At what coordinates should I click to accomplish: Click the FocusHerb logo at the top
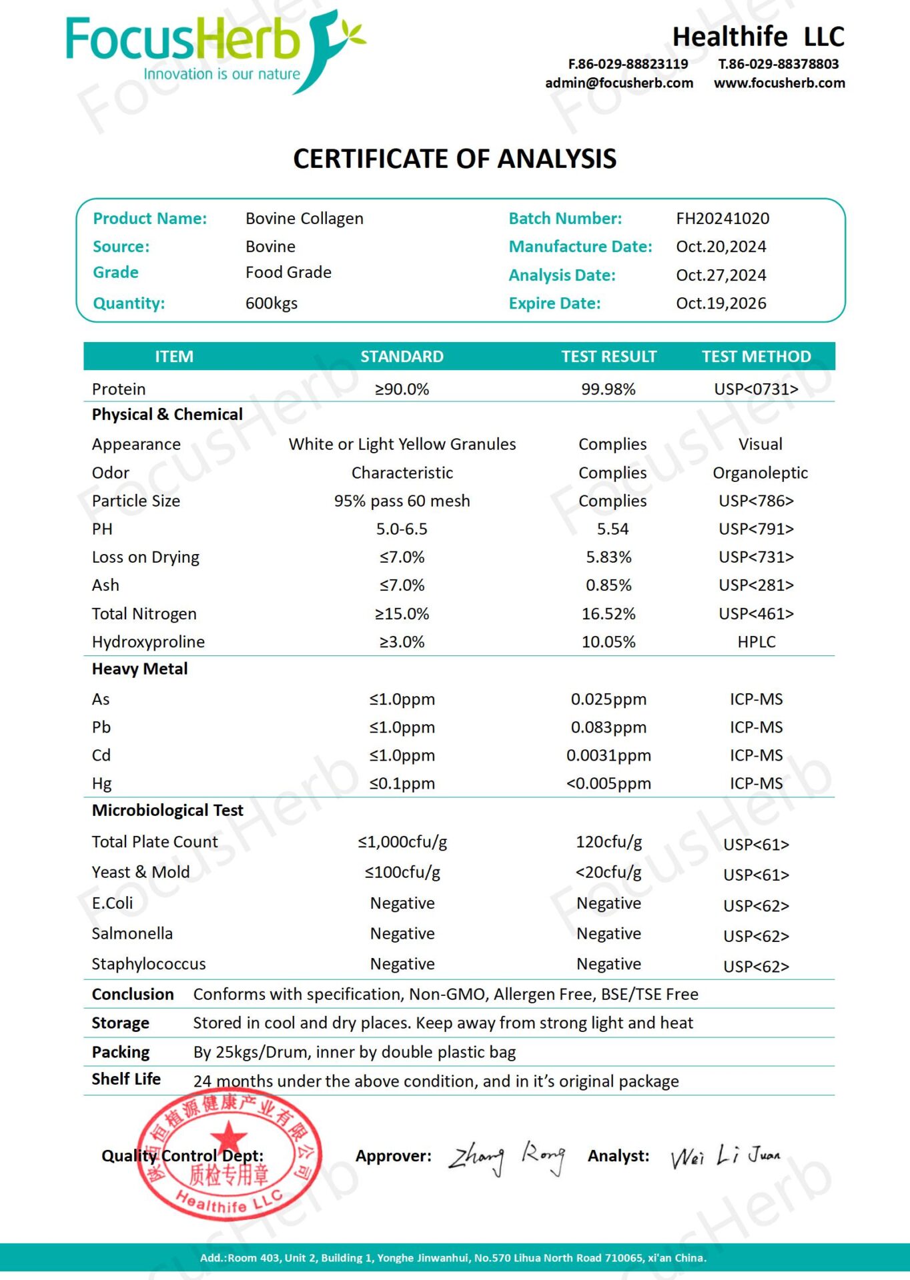pos(213,50)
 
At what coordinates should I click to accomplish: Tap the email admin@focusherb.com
pos(618,83)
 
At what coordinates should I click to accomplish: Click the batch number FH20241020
pos(723,219)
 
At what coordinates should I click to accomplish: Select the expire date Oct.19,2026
pos(721,303)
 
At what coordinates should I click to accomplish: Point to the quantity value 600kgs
pos(272,303)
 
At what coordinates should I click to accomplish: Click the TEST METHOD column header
pos(756,357)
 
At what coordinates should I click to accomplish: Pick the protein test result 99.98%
pos(608,389)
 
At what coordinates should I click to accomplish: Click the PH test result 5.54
pos(612,529)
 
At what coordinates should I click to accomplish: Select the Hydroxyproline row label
pos(148,642)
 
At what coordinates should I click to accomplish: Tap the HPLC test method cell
pos(757,642)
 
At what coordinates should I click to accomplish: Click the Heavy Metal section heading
pos(139,669)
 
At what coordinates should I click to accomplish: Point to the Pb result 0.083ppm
pos(608,727)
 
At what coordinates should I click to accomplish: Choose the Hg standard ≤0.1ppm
pos(402,783)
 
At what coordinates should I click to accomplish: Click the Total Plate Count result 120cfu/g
pos(608,842)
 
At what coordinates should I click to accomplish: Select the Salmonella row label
pos(132,933)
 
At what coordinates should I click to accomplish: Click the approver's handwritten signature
pos(507,1157)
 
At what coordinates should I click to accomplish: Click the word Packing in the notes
pos(121,1052)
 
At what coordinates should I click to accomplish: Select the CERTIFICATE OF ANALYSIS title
pos(455,159)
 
